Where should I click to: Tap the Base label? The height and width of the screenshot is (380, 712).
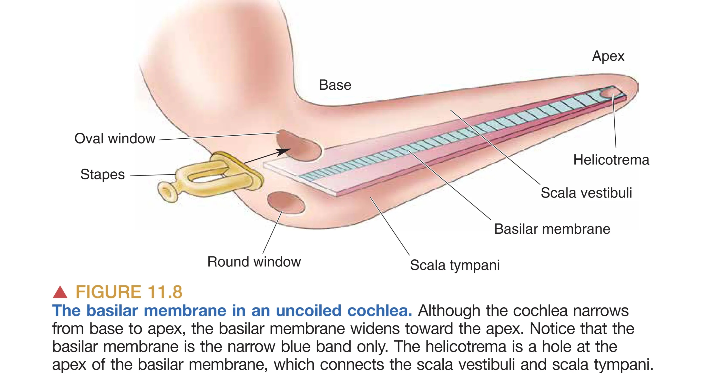pyautogui.click(x=335, y=85)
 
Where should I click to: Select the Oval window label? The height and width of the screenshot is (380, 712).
pyautogui.click(x=115, y=138)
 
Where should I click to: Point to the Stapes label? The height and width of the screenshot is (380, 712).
pyautogui.click(x=103, y=174)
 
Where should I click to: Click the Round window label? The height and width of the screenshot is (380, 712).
pyautogui.click(x=254, y=262)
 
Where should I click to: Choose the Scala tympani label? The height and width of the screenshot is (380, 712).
pyautogui.click(x=455, y=265)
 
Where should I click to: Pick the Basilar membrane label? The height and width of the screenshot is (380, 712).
pyautogui.click(x=552, y=229)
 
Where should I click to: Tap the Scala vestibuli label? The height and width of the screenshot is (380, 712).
pyautogui.click(x=586, y=193)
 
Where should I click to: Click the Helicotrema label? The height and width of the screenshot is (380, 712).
pyautogui.click(x=611, y=160)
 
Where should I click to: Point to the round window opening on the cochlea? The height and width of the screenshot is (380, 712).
pyautogui.click(x=286, y=203)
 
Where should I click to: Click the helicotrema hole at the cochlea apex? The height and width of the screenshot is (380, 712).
pyautogui.click(x=608, y=93)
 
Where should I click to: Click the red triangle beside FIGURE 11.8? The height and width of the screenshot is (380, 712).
pyautogui.click(x=60, y=292)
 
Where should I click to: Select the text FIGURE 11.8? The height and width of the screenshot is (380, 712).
pyautogui.click(x=129, y=292)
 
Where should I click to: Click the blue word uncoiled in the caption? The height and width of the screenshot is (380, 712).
pyautogui.click(x=309, y=310)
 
